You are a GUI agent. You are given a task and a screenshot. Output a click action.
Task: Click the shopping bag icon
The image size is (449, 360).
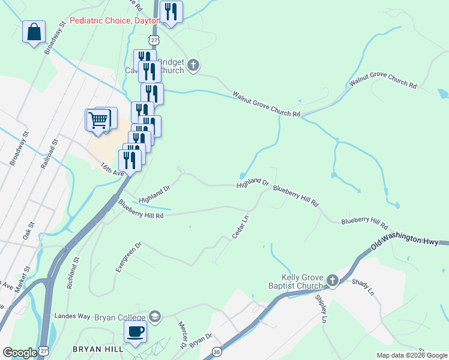(34, 32)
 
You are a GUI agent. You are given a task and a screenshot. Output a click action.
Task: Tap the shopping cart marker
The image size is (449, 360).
(98, 120)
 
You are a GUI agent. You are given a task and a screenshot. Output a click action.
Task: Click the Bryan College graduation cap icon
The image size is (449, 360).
(155, 316)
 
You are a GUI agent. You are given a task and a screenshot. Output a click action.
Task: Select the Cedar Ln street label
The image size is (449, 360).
(241, 228)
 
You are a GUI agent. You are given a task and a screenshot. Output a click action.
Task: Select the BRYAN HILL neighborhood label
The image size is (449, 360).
(97, 349)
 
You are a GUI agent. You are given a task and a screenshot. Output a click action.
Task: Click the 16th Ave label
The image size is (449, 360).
(111, 169)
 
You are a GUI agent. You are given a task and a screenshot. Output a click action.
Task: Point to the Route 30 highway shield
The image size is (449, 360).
(217, 351)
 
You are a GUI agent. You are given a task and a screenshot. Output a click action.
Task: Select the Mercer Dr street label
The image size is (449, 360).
(181, 335)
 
